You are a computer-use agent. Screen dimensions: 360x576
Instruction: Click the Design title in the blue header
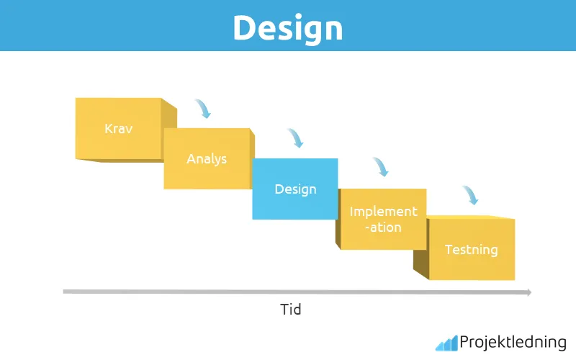tap(287, 27)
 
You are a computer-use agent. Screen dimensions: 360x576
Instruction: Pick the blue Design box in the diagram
tap(294, 189)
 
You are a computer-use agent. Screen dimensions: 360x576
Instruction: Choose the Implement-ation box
tap(382, 219)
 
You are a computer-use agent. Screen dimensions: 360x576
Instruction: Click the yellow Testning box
tap(471, 249)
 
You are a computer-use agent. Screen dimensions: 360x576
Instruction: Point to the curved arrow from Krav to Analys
tap(203, 109)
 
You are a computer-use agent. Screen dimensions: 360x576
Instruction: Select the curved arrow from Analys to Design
tap(295, 138)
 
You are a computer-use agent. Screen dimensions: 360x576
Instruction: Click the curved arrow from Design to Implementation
tap(381, 167)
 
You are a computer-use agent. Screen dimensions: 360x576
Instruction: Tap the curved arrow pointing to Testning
tap(470, 195)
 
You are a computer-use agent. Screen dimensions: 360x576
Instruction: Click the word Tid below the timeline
tap(290, 310)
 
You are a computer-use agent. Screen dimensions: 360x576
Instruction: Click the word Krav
tap(118, 129)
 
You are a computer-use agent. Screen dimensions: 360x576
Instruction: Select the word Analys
tap(207, 158)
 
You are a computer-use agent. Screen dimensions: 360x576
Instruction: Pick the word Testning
tap(471, 250)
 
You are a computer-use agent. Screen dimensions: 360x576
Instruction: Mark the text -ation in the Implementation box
tap(383, 227)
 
